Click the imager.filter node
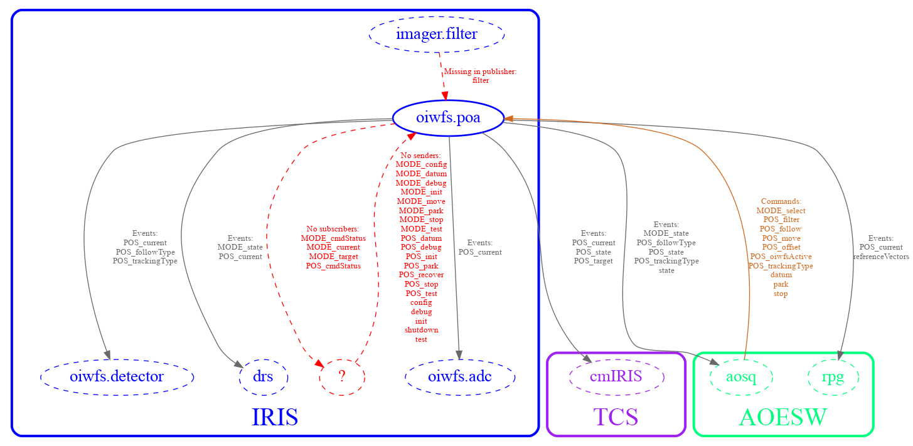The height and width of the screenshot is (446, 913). pos(437,35)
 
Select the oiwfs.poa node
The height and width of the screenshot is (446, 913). pos(448,117)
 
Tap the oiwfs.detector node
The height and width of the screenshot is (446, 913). pos(117,377)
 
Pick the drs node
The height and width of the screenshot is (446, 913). pos(263,377)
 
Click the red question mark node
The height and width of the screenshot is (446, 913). pos(342,377)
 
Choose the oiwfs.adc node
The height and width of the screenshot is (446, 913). pos(460,377)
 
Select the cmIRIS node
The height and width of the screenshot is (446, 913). pos(616,377)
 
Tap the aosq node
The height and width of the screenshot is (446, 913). pos(740,377)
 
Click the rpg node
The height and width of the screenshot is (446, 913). pos(833,377)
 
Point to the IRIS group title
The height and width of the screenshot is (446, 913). pos(274,417)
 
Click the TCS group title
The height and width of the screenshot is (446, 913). pos(616,417)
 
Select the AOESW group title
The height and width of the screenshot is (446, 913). pos(782,417)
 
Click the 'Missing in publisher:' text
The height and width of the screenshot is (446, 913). pos(480,72)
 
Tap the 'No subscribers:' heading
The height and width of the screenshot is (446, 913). pos(333,229)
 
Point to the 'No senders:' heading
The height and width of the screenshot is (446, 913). pos(421,155)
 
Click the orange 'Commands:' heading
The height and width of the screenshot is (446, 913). pos(781,201)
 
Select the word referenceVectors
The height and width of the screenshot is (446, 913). pos(881,257)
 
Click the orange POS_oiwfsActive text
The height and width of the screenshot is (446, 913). pos(781,257)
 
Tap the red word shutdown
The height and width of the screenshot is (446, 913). pos(421,330)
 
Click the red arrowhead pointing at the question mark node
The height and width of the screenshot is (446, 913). pos(319,364)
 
